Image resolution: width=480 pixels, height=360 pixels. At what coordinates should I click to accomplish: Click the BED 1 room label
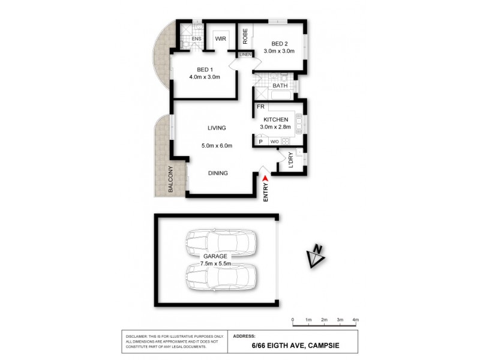point(205,68)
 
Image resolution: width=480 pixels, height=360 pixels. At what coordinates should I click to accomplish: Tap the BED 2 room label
point(280,43)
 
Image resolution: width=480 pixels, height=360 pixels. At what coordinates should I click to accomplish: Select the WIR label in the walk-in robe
point(220,39)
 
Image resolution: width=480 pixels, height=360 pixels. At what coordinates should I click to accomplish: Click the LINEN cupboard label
point(245,55)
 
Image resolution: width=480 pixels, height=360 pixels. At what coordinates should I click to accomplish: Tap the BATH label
point(280,86)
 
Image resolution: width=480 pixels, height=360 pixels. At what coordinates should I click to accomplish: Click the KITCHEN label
point(275,119)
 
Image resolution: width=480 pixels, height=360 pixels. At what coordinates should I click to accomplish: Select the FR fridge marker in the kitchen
point(261,107)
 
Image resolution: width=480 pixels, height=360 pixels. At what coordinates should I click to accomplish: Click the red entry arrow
point(266,176)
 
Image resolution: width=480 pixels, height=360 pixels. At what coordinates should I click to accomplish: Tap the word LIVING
point(217,128)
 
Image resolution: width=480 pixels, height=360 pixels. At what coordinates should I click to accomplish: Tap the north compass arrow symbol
point(315,256)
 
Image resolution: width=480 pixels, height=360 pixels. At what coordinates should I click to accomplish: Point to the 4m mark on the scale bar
point(355,320)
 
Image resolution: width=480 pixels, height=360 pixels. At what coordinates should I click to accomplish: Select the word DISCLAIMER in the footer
point(140,337)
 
